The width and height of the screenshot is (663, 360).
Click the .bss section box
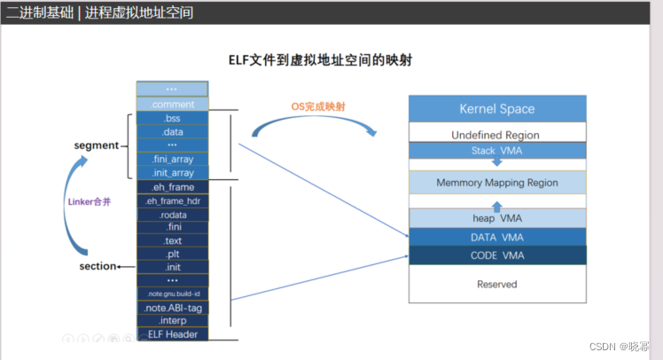coord(172,118)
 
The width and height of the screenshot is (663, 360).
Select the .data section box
coord(172,131)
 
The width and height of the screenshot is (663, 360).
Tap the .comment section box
coord(172,105)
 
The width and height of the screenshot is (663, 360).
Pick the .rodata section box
coord(172,215)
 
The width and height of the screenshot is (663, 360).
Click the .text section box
coord(172,240)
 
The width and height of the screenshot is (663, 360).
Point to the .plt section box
coord(172,254)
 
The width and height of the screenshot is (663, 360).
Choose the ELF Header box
coord(172,334)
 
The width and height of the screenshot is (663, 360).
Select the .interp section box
coord(172,320)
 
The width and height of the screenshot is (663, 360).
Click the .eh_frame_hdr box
coord(172,201)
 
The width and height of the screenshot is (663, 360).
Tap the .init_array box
coord(172,172)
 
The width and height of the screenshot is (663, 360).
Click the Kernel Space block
coord(496,109)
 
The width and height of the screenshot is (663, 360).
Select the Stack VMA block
coord(496,151)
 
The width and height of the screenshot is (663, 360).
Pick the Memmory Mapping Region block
coord(496,183)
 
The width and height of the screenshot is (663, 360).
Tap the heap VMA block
coord(496,218)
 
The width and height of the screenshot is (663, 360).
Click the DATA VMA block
coord(496,237)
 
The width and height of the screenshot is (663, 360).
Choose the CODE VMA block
coord(496,255)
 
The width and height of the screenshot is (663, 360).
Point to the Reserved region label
coord(496,285)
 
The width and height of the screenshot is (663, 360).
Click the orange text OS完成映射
coord(318,106)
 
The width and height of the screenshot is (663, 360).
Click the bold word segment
coord(95,145)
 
